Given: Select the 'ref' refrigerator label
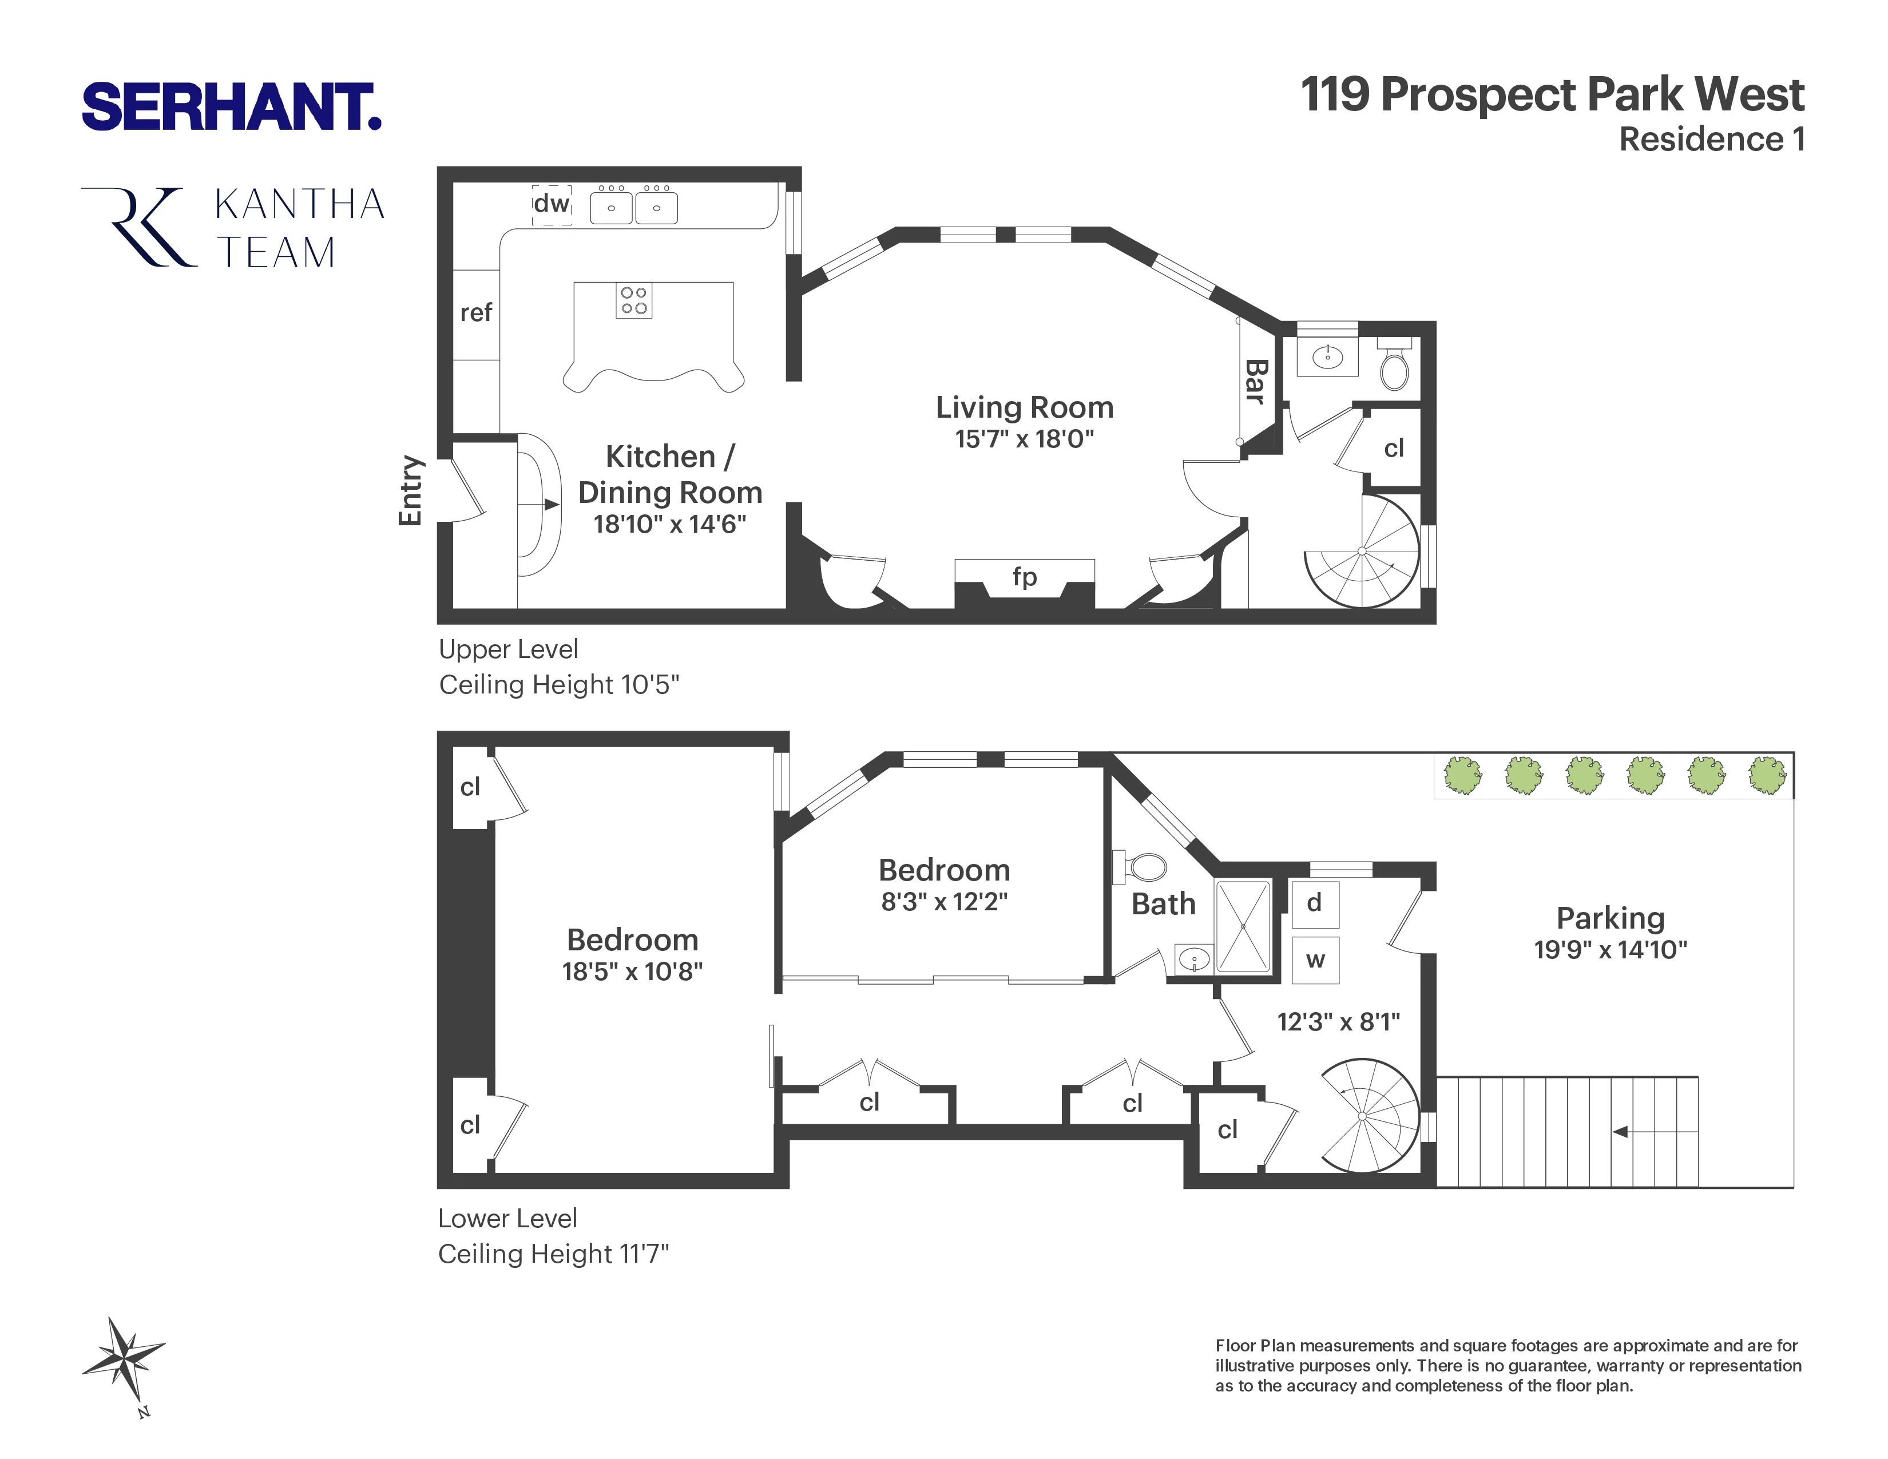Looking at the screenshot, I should pos(475,313).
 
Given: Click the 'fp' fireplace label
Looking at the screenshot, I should pos(1025,577).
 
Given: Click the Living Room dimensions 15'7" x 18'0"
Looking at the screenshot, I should pos(1025,439).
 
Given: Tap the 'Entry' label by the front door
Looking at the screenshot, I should pos(411,490).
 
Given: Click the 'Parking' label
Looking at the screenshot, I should pos(1609,917).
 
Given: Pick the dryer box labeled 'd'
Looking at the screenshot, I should pos(1315,904).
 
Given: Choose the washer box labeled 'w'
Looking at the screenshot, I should pos(1315,960).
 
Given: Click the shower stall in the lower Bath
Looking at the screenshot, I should pos(1243,926).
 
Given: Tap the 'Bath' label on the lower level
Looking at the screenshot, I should pos(1164,904).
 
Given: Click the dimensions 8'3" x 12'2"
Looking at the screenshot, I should pos(944,902).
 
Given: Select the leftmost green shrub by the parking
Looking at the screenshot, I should pos(1463,775).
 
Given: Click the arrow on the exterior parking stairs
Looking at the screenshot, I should pos(1621,1131).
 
